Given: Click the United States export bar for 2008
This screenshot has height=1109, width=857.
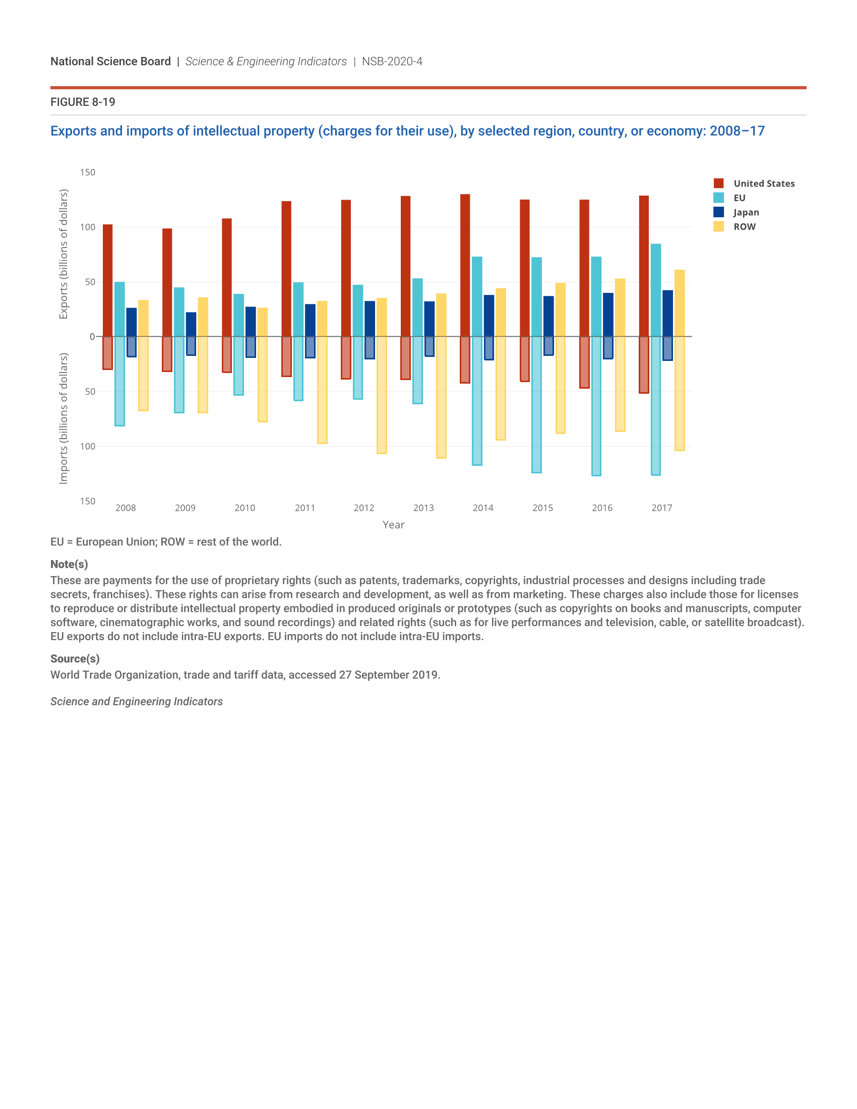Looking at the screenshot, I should point(108,280).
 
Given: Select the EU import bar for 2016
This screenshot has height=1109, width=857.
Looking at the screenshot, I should point(596,406).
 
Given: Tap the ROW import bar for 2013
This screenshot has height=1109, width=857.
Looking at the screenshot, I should point(441,397).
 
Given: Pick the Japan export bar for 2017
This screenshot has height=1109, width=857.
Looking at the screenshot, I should point(667,314).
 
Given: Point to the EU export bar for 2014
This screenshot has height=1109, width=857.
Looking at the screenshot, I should point(477,296).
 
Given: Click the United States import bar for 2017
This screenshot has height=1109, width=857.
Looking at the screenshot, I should point(644,364).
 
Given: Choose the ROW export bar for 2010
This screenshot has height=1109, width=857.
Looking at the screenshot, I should point(263,322).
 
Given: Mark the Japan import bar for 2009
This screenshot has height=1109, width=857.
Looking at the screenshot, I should point(191,346).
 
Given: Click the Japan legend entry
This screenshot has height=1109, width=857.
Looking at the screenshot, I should point(746,212).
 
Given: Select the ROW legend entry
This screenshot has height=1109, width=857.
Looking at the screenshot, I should point(744,226).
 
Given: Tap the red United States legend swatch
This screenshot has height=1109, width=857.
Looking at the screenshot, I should point(718,183).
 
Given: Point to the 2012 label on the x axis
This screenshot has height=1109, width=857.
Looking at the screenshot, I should point(364,508).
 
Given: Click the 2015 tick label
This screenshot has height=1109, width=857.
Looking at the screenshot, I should point(543,508).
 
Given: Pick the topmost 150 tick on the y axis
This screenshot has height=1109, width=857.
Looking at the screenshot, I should point(87,172).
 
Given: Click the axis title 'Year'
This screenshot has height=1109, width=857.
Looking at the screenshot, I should point(394,525).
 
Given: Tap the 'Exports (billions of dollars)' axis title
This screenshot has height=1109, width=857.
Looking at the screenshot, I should point(64,254).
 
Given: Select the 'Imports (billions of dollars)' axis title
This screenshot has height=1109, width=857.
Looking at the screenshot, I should point(64,418).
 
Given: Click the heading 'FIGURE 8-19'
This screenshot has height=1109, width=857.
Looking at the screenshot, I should point(83,102).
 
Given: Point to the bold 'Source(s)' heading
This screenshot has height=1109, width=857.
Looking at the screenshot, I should point(75,659).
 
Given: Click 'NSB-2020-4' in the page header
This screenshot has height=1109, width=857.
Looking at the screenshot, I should point(392,61).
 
